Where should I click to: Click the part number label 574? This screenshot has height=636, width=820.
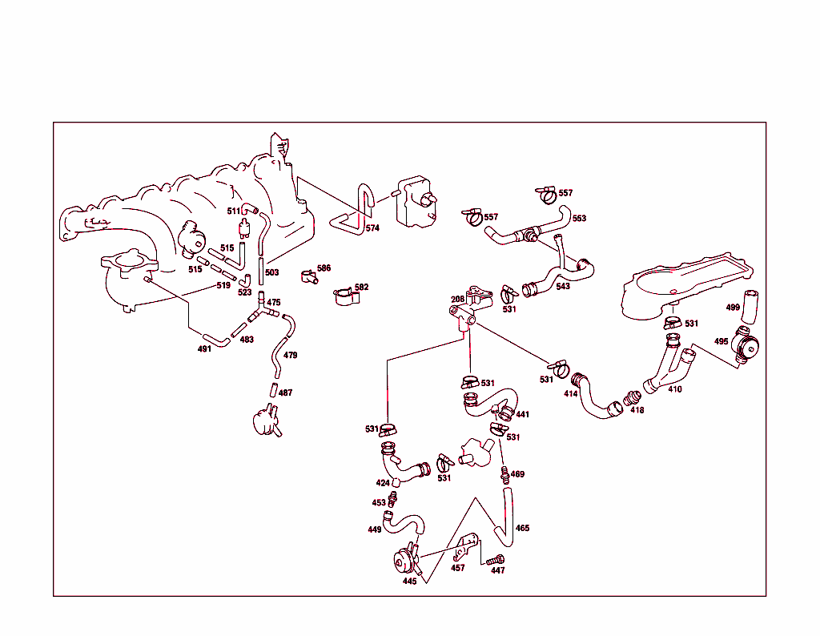point(372,228)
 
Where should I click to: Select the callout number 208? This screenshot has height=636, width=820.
point(457,300)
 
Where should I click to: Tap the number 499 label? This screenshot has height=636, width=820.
point(733,308)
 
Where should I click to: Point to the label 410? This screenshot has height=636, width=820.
point(675,389)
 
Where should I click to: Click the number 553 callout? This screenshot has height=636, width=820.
point(579,219)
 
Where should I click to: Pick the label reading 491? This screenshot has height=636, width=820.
point(204,348)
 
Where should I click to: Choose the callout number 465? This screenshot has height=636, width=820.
point(522,529)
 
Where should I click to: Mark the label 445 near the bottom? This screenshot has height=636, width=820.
point(409,582)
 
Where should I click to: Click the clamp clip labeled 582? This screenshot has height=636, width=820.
point(345,296)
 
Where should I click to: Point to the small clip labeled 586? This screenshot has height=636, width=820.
point(308,277)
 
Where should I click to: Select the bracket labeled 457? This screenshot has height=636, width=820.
point(464,548)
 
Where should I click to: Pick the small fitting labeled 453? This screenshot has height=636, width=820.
point(392,500)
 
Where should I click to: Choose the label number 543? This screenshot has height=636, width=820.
point(563,287)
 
